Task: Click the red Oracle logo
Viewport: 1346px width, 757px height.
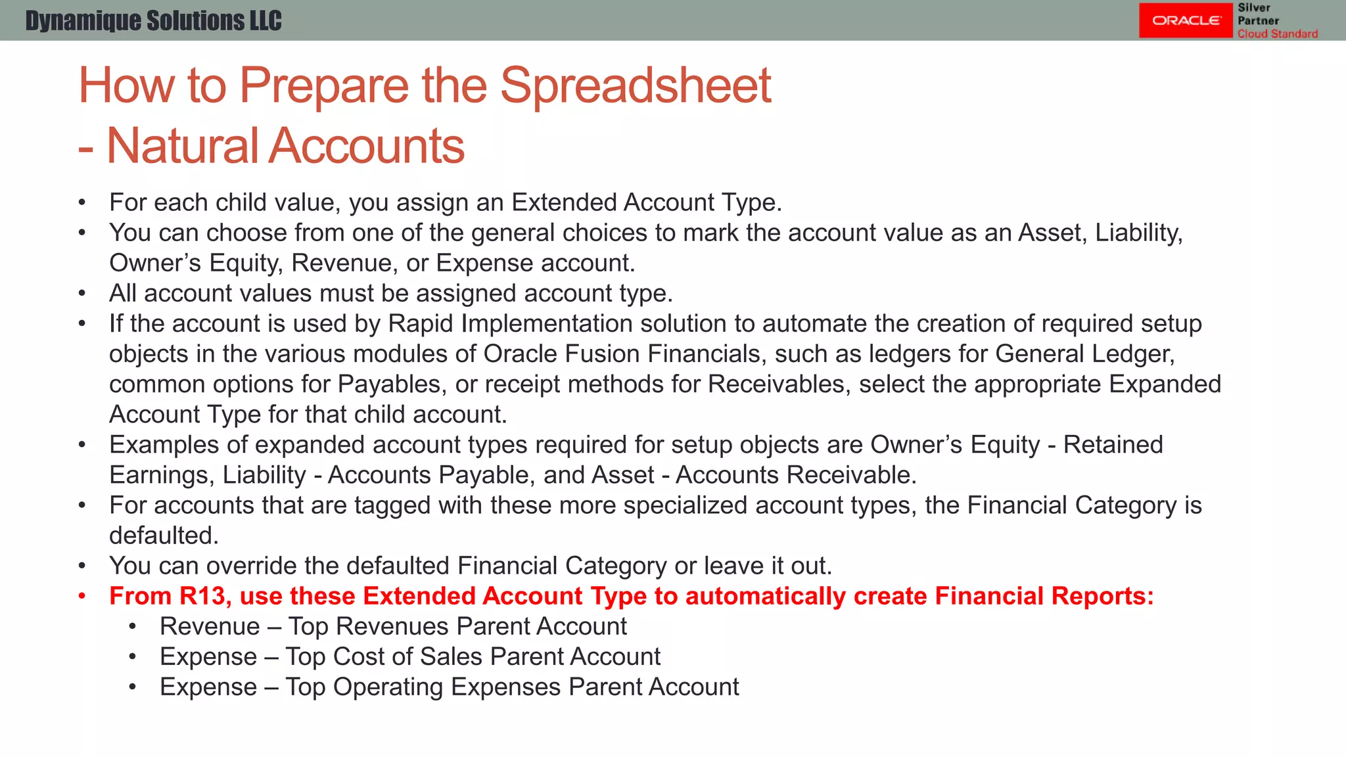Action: (1185, 20)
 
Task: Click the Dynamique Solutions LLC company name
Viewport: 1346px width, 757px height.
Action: (153, 21)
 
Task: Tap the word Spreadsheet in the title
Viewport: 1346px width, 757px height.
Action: (635, 85)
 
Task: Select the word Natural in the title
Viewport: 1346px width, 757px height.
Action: (182, 146)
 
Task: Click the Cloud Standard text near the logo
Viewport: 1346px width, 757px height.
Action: (1277, 34)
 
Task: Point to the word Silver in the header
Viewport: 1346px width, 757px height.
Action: (1254, 8)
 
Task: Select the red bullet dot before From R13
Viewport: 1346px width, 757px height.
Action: (82, 596)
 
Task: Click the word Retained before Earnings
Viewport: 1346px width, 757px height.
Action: (1113, 445)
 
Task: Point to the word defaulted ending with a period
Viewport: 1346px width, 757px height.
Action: (163, 536)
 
